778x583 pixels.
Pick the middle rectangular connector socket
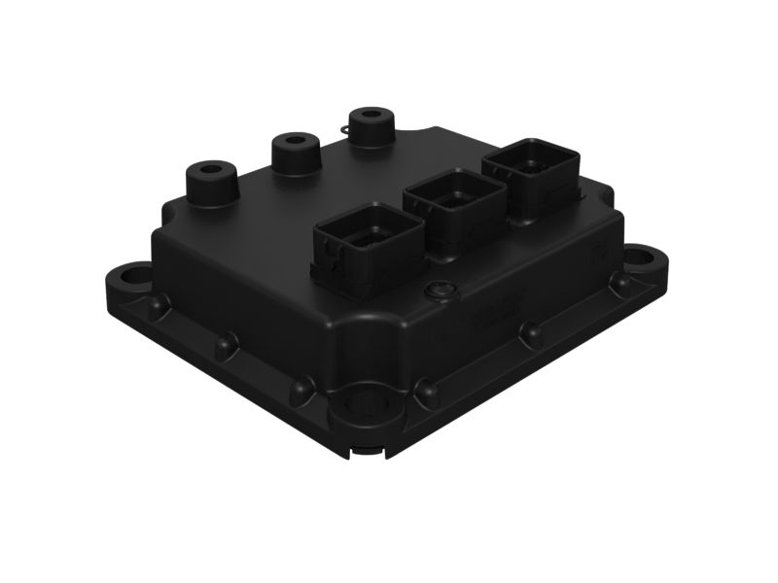click(x=454, y=205)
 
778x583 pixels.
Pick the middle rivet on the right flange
click(x=531, y=334)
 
